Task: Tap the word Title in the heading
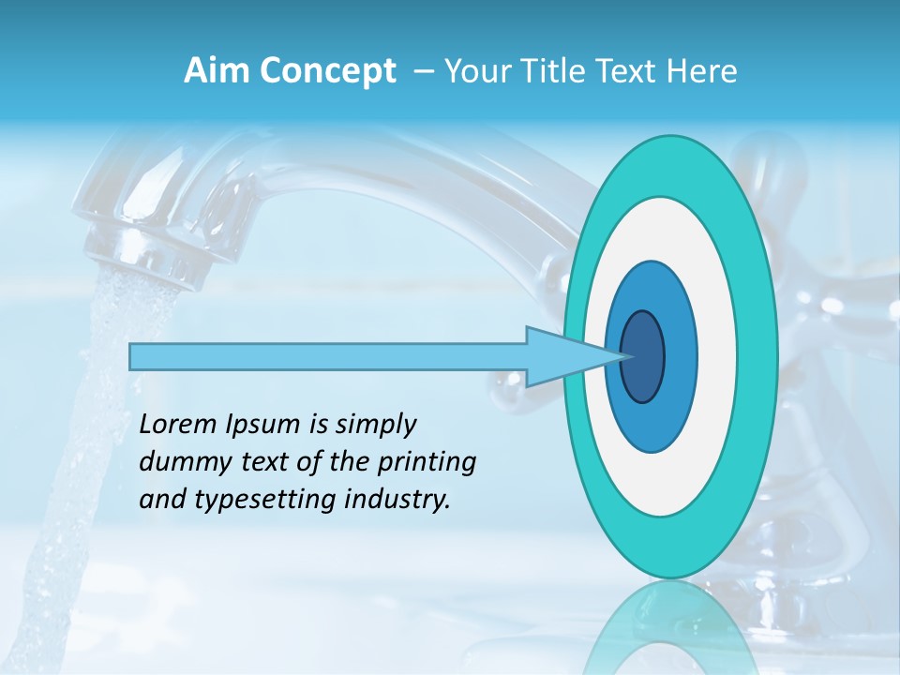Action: point(565,71)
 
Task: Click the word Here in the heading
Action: point(704,71)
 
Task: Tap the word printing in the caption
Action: point(426,462)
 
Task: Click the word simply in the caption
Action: point(375,426)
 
